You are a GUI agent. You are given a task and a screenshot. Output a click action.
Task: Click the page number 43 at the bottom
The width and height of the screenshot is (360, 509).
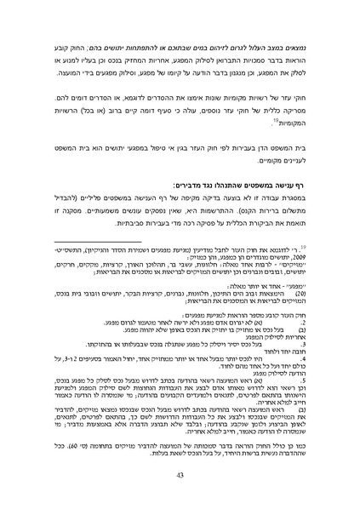pyautogui.click(x=180, y=476)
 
